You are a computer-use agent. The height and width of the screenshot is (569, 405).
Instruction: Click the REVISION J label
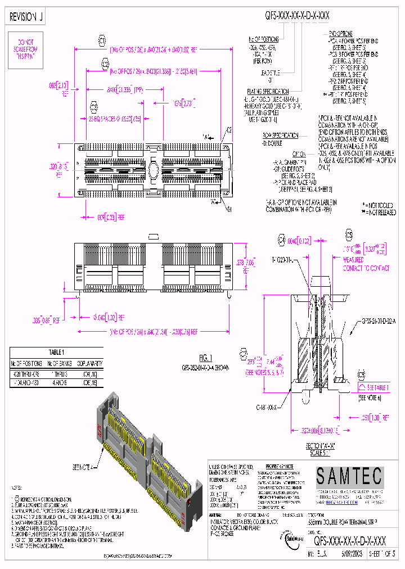pos(26,18)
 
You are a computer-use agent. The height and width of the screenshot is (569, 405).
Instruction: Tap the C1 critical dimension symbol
pos(102,41)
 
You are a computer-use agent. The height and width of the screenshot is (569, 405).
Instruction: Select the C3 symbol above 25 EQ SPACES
pos(94,106)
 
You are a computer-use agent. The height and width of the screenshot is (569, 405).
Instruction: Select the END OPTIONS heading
pos(341,34)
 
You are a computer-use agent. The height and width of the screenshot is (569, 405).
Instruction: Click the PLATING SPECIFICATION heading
pos(267,91)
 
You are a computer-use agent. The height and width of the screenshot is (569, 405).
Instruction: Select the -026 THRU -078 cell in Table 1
pos(28,373)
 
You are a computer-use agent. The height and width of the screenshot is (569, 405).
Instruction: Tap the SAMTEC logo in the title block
pos(349,477)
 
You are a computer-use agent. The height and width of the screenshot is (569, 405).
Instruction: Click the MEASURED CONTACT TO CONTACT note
pos(366,265)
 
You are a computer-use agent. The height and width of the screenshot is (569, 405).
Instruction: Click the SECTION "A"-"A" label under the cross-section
pos(317,446)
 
